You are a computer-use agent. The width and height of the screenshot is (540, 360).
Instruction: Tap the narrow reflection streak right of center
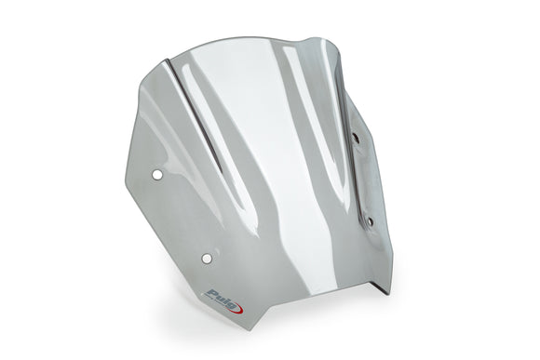coord(307,102)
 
